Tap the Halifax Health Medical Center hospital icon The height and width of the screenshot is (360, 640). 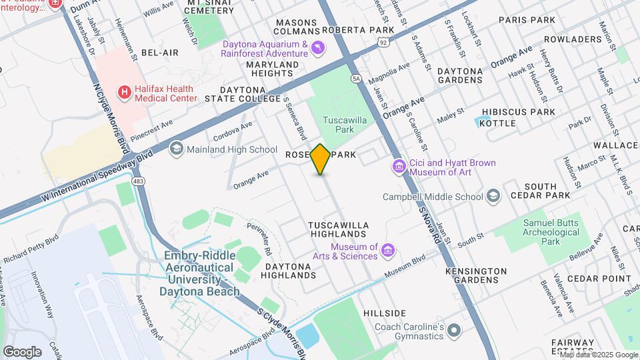(x=123, y=92)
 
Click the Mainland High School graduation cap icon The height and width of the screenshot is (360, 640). (x=177, y=149)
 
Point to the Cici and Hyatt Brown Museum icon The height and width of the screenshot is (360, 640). (x=399, y=165)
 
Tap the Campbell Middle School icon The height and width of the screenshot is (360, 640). (x=493, y=196)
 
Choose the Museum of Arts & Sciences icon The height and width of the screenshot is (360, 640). (x=388, y=251)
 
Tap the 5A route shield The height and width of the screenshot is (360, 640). (x=357, y=79)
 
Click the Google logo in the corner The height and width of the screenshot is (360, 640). (x=22, y=351)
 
